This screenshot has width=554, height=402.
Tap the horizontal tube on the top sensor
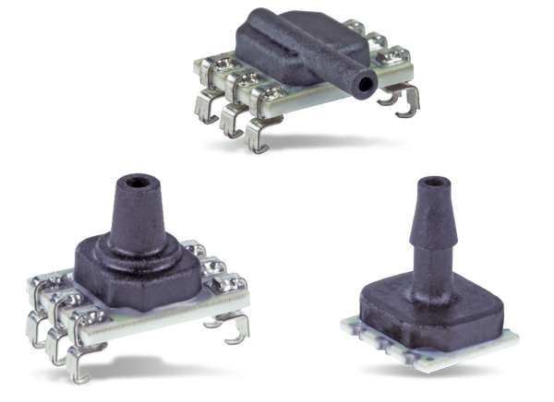[x=332, y=69]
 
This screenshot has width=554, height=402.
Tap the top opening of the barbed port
[x=427, y=183]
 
